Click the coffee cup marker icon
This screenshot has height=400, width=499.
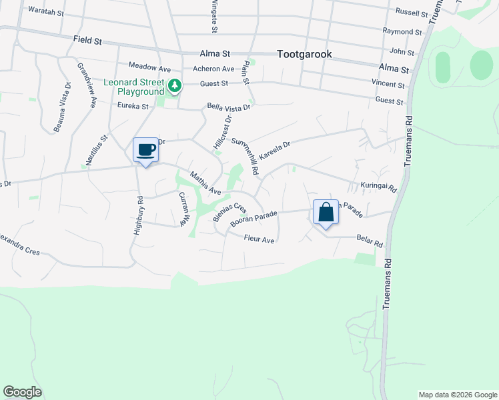point(145,149)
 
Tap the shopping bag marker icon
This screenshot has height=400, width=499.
point(326,213)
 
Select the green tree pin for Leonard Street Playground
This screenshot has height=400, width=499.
point(175,85)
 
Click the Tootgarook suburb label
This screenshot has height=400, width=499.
point(304,55)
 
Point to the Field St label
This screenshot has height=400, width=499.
point(87,41)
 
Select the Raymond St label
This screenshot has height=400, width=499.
point(402,31)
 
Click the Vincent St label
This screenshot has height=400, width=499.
point(388,85)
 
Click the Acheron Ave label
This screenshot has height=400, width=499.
point(213,69)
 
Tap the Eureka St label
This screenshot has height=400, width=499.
point(132,106)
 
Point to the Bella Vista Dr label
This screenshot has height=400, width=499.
point(228,107)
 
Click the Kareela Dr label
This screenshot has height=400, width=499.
point(275,149)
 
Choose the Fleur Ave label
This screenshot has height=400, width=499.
point(260,239)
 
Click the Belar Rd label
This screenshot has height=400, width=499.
point(369,243)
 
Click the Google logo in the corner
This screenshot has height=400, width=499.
point(22,392)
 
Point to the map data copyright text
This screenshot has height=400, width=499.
point(458,395)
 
